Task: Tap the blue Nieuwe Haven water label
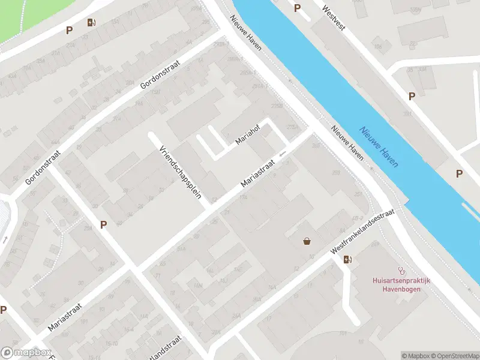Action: click(380, 146)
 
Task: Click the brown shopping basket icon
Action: click(307, 241)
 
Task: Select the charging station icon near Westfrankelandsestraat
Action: click(347, 259)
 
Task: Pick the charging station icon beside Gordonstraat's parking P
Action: click(91, 22)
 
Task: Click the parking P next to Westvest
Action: click(297, 8)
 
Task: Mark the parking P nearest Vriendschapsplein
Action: click(103, 224)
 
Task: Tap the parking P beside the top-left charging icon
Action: click(69, 30)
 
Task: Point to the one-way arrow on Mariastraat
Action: click(282, 154)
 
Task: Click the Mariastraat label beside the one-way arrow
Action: click(257, 172)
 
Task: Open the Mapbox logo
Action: click(26, 353)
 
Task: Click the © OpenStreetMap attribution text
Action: click(454, 355)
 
